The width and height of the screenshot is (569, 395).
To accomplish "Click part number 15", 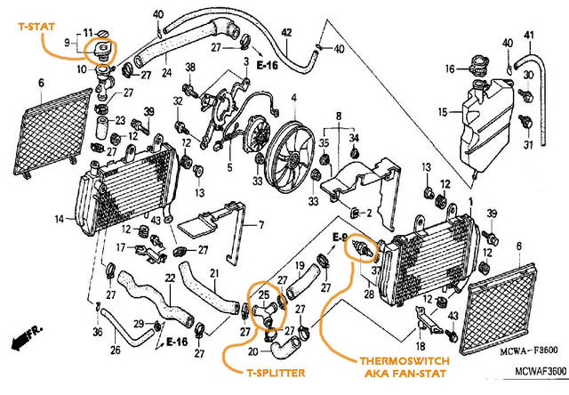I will click(x=442, y=112).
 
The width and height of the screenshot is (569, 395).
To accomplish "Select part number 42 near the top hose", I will click(x=286, y=33).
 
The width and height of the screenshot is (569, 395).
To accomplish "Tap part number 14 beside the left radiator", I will click(x=58, y=218).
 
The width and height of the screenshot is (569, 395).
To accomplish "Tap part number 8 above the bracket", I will click(x=339, y=116).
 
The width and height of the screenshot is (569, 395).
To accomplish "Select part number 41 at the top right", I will click(x=527, y=35).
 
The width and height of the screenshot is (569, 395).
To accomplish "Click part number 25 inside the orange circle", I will click(x=263, y=294).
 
